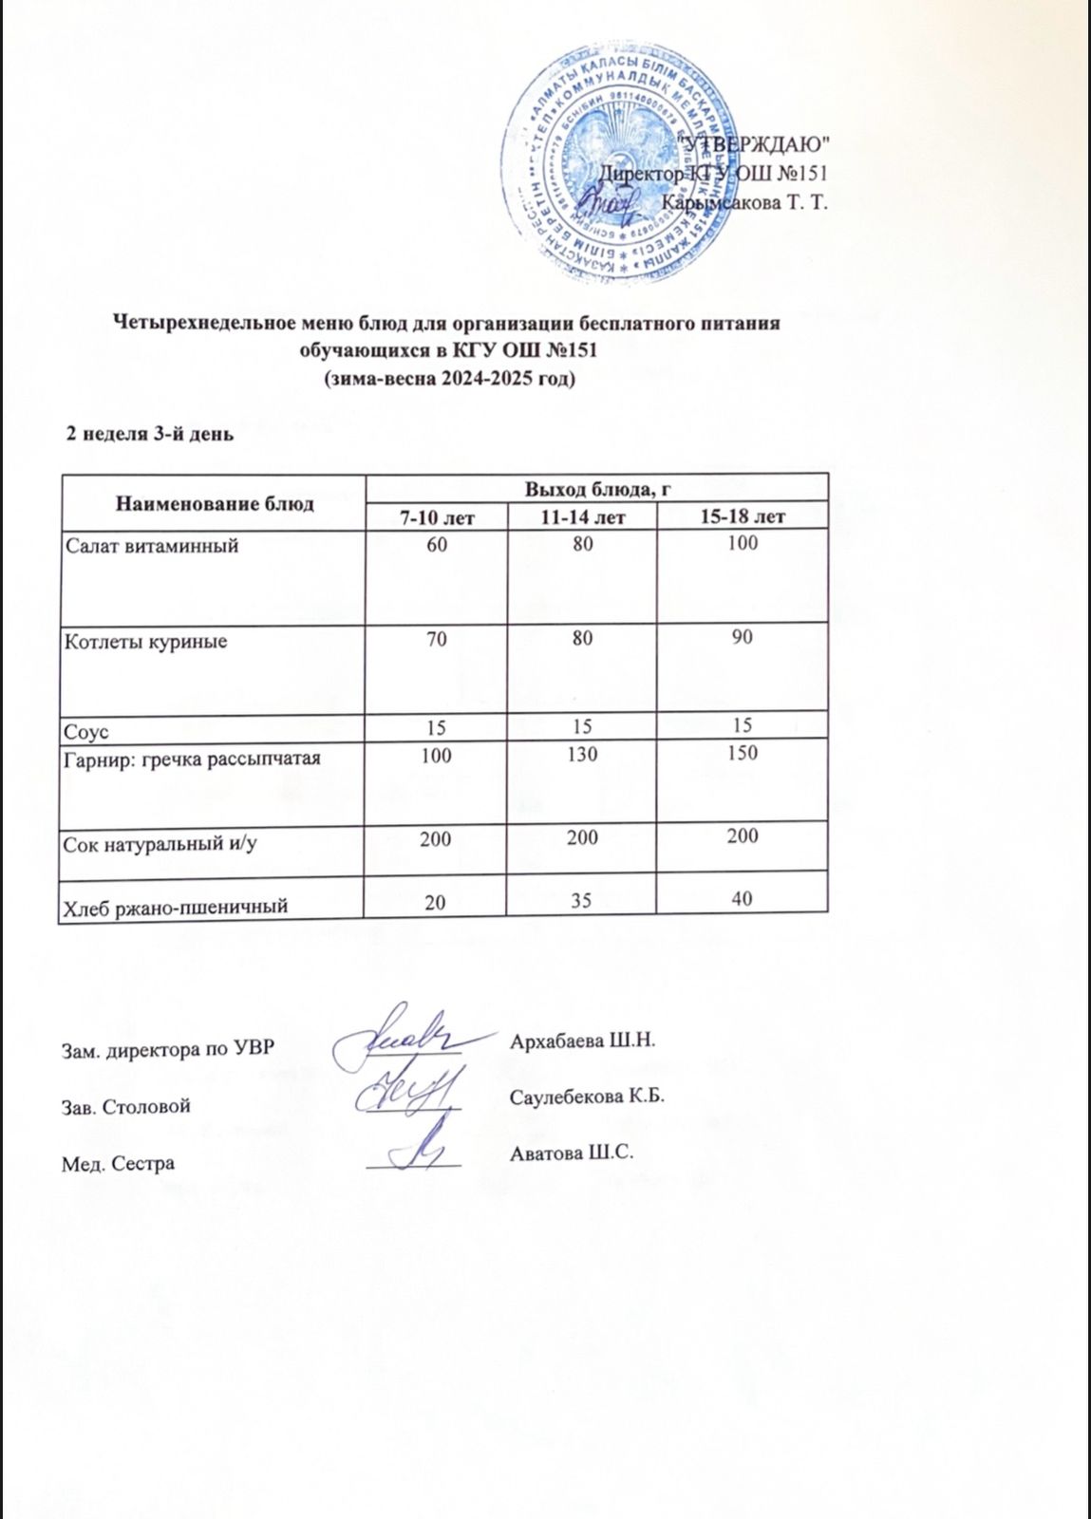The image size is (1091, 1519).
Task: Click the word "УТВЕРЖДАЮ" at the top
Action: pyautogui.click(x=760, y=144)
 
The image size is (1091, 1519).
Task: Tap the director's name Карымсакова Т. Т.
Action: pyautogui.click(x=745, y=202)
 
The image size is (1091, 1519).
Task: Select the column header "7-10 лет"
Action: pyautogui.click(x=437, y=516)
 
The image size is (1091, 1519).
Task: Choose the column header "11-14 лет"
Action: pyautogui.click(x=581, y=516)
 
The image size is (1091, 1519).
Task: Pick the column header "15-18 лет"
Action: pyautogui.click(x=742, y=516)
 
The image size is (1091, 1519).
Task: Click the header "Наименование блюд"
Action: pyautogui.click(x=214, y=502)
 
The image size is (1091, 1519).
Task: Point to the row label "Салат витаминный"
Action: pyautogui.click(x=150, y=546)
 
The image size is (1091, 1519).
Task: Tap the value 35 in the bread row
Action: pyautogui.click(x=581, y=902)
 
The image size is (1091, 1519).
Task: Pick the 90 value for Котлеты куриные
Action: pyautogui.click(x=742, y=638)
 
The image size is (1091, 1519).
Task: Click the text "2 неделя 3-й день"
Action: pyautogui.click(x=148, y=436)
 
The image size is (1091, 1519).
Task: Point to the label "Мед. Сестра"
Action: pyautogui.click(x=119, y=1162)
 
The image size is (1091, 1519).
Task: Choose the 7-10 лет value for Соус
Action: pyautogui.click(x=437, y=725)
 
